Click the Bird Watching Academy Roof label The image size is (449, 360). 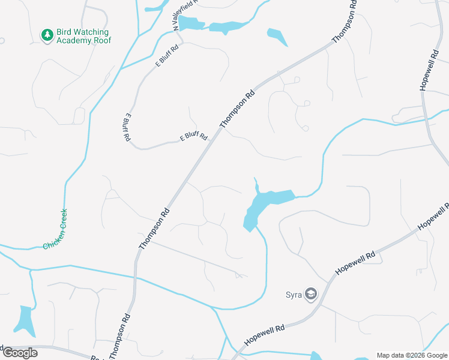[x=82, y=36]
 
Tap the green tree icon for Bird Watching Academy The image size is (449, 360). [x=47, y=35]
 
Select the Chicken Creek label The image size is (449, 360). [x=55, y=229]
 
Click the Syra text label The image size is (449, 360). [x=293, y=295]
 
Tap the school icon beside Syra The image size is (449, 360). [x=311, y=295]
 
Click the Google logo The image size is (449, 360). [x=20, y=353]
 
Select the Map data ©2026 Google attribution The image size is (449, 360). [x=411, y=355]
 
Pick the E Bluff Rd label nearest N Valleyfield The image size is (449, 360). [x=167, y=55]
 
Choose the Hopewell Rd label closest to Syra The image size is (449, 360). [x=355, y=263]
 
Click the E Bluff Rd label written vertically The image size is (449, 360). [x=128, y=127]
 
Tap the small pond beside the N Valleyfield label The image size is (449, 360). [x=191, y=24]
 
